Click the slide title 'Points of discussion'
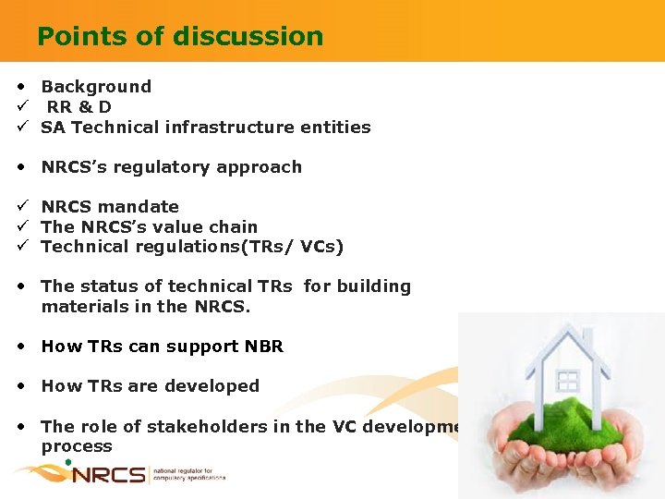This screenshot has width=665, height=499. pyautogui.click(x=180, y=36)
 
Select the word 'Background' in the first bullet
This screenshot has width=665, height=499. pyautogui.click(x=96, y=87)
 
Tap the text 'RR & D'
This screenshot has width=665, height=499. pyautogui.click(x=79, y=107)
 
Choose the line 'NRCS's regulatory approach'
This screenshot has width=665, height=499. pyautogui.click(x=171, y=167)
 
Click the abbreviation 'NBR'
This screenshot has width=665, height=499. pyautogui.click(x=264, y=347)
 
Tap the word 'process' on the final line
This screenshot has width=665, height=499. pyautogui.click(x=77, y=446)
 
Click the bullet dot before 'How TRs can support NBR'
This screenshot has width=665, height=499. pyautogui.click(x=20, y=347)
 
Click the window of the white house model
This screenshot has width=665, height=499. pyautogui.click(x=567, y=381)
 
